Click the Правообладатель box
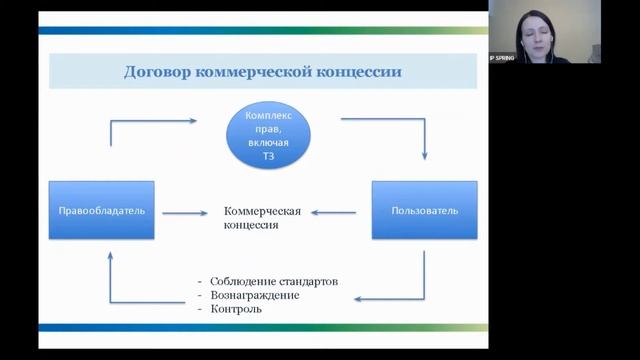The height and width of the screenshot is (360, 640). coord(102,210)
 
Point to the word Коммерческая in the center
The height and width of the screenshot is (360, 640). coord(263,211)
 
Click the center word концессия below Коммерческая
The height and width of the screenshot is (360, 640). coord(251,226)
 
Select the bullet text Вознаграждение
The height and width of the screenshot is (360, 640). coord(255,295)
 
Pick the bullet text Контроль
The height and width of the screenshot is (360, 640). coord(236,309)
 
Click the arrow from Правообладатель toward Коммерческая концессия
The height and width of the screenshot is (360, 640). coord(183,212)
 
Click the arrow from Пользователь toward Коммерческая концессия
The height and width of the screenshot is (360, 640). coord(335,212)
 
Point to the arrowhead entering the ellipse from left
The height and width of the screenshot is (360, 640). coord(192,121)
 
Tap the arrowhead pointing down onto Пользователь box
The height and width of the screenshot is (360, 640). coord(425,155)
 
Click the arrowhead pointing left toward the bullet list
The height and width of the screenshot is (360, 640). coord(361,299)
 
